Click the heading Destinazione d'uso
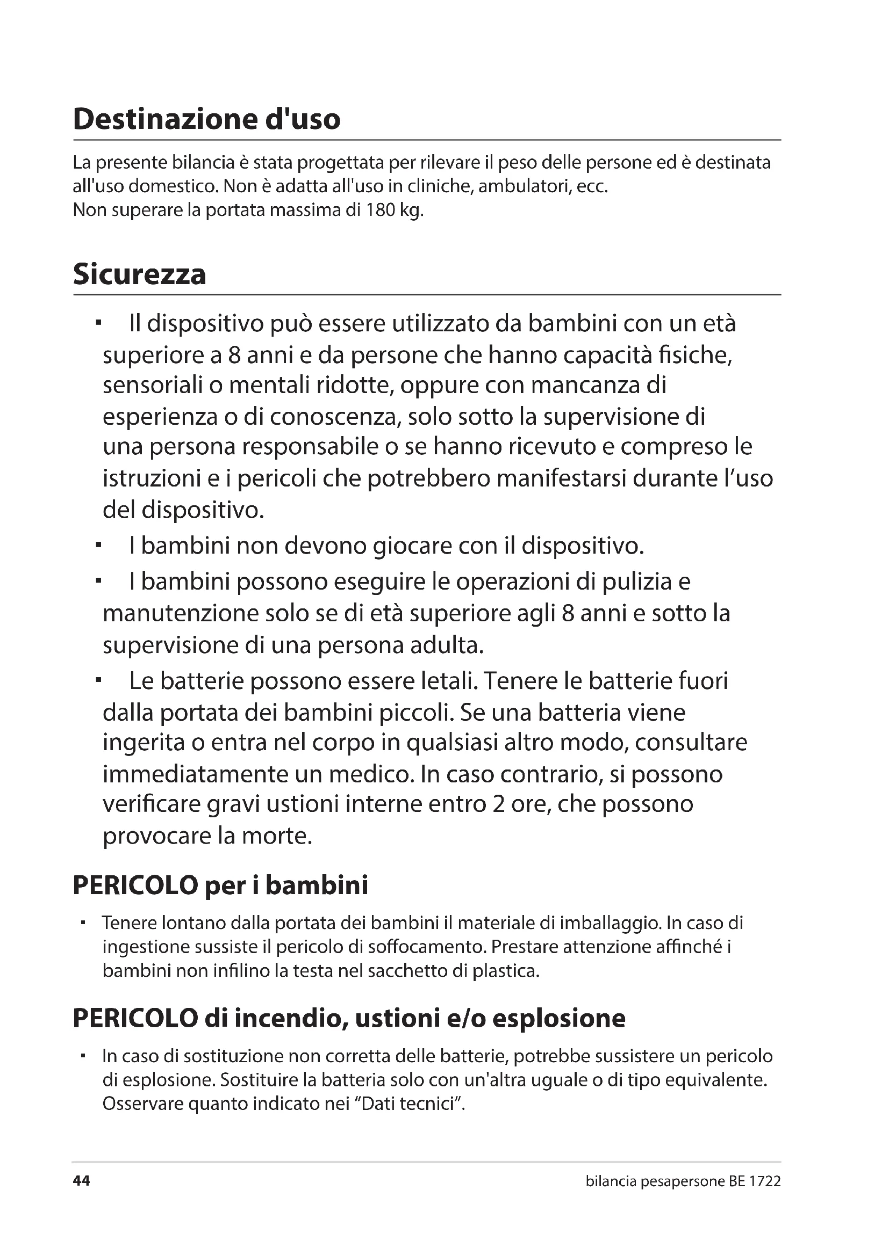tap(206, 119)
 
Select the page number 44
tap(81, 1181)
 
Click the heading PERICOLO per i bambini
tap(220, 885)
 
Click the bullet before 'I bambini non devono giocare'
tap(98, 546)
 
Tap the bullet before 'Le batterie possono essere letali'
tap(98, 681)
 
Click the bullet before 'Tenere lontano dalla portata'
tap(83, 923)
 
